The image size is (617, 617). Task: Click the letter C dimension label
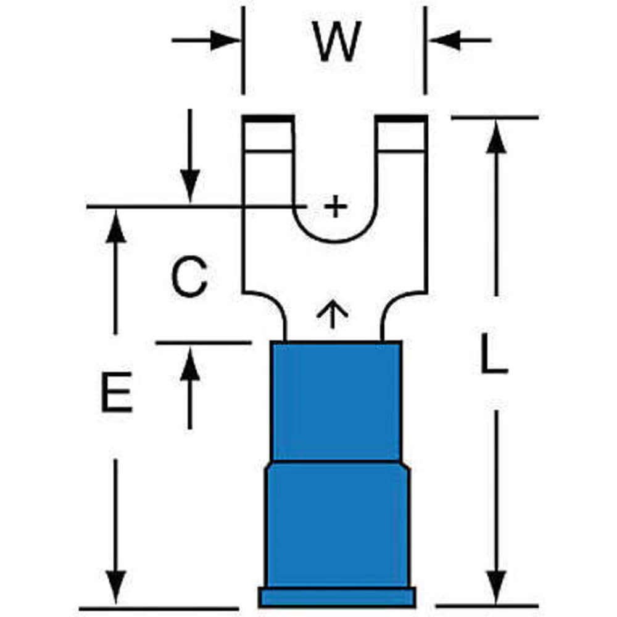(x=189, y=278)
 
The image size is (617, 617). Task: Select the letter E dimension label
(x=117, y=392)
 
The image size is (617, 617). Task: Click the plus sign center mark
(x=335, y=206)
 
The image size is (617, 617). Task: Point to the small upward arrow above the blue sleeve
(x=332, y=313)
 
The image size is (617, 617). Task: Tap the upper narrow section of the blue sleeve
(x=336, y=401)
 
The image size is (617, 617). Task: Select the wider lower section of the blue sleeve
(x=336, y=524)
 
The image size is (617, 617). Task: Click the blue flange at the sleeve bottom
(x=336, y=597)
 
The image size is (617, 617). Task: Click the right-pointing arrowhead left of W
(x=225, y=41)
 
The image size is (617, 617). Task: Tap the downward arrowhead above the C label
(x=189, y=185)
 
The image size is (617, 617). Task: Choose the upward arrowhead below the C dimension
(x=189, y=364)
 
